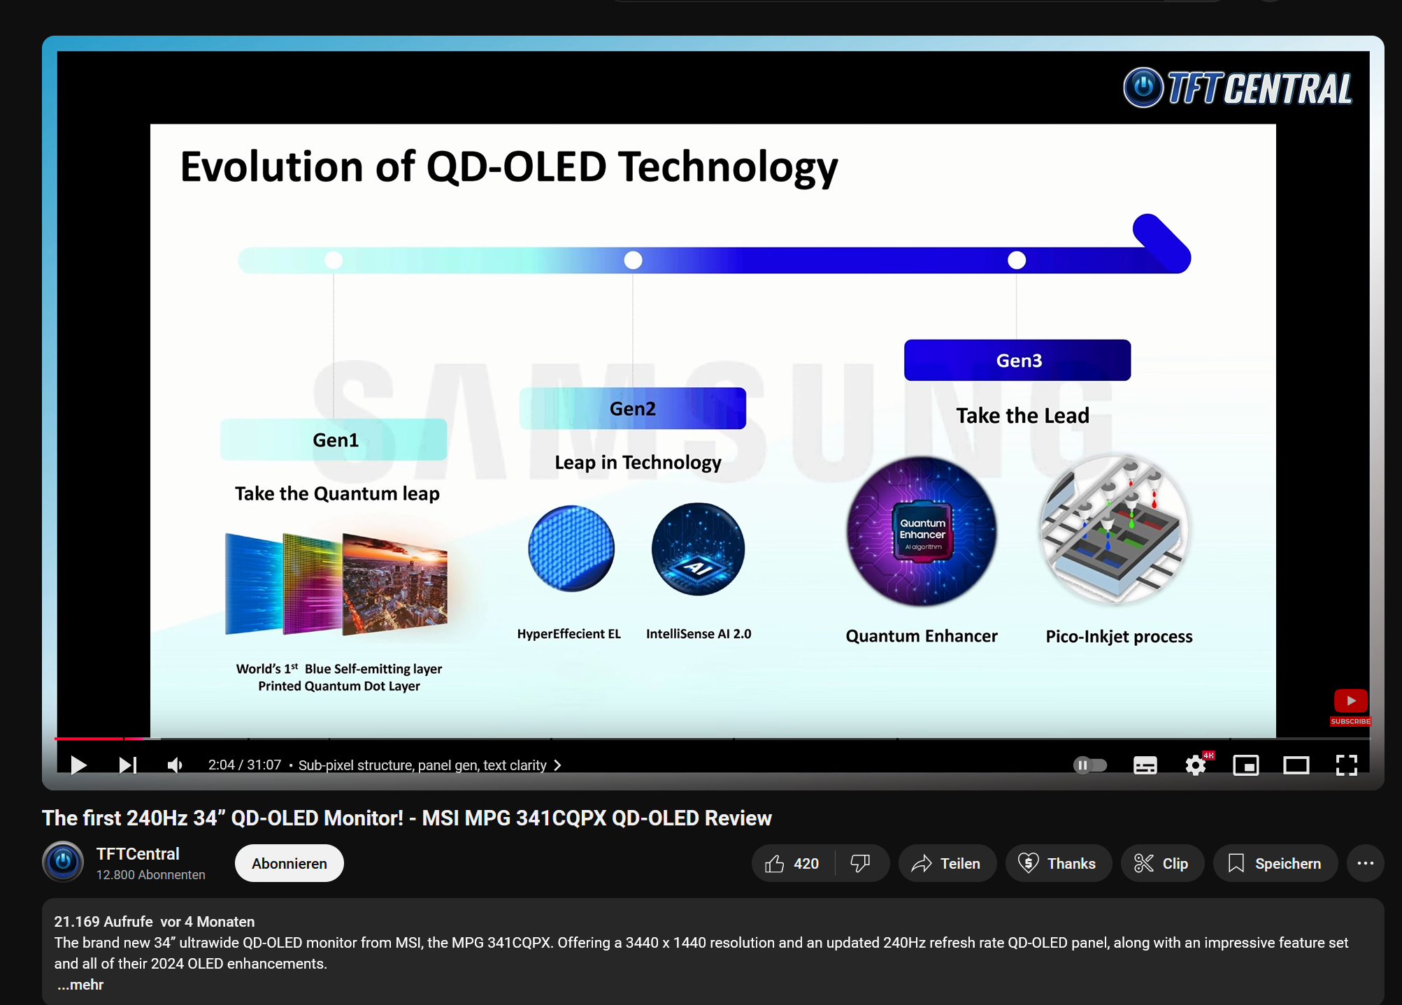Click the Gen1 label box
click(x=334, y=440)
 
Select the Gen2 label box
click(x=633, y=408)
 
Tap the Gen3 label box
click(x=1017, y=360)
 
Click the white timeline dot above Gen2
click(x=633, y=260)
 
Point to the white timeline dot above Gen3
click(x=1017, y=260)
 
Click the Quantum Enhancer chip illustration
click(x=922, y=531)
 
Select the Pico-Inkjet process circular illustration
click(x=1115, y=529)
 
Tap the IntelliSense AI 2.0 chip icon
click(x=698, y=549)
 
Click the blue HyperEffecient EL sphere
click(x=571, y=549)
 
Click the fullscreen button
click(x=1346, y=765)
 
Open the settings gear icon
click(x=1196, y=765)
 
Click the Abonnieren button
click(x=289, y=863)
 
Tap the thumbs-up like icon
click(x=775, y=864)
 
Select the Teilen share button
click(x=947, y=863)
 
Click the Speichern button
click(x=1275, y=863)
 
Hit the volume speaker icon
click(x=175, y=765)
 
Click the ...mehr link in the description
click(x=80, y=985)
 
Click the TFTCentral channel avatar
click(x=63, y=862)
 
